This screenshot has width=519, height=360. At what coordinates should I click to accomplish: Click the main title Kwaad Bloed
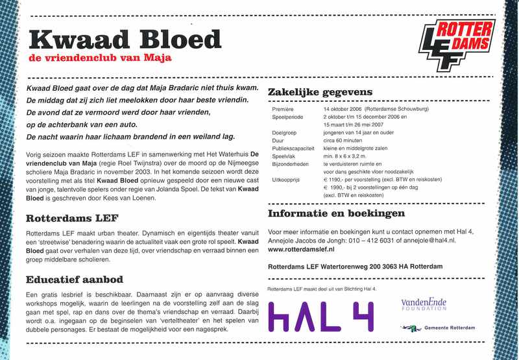pyautogui.click(x=126, y=40)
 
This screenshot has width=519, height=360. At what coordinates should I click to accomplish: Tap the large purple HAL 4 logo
pyautogui.click(x=320, y=317)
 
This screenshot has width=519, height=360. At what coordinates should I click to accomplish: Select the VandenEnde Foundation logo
pyautogui.click(x=424, y=304)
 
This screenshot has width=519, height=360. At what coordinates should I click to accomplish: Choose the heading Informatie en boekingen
pyautogui.click(x=336, y=213)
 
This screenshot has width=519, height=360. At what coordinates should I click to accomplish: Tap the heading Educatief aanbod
pyautogui.click(x=75, y=280)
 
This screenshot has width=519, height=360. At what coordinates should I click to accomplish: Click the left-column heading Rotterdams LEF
pyautogui.click(x=71, y=219)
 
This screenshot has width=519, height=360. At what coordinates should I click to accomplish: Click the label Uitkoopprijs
pyautogui.click(x=287, y=177)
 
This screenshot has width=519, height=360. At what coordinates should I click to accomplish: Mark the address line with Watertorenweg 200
pyautogui.click(x=354, y=267)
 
